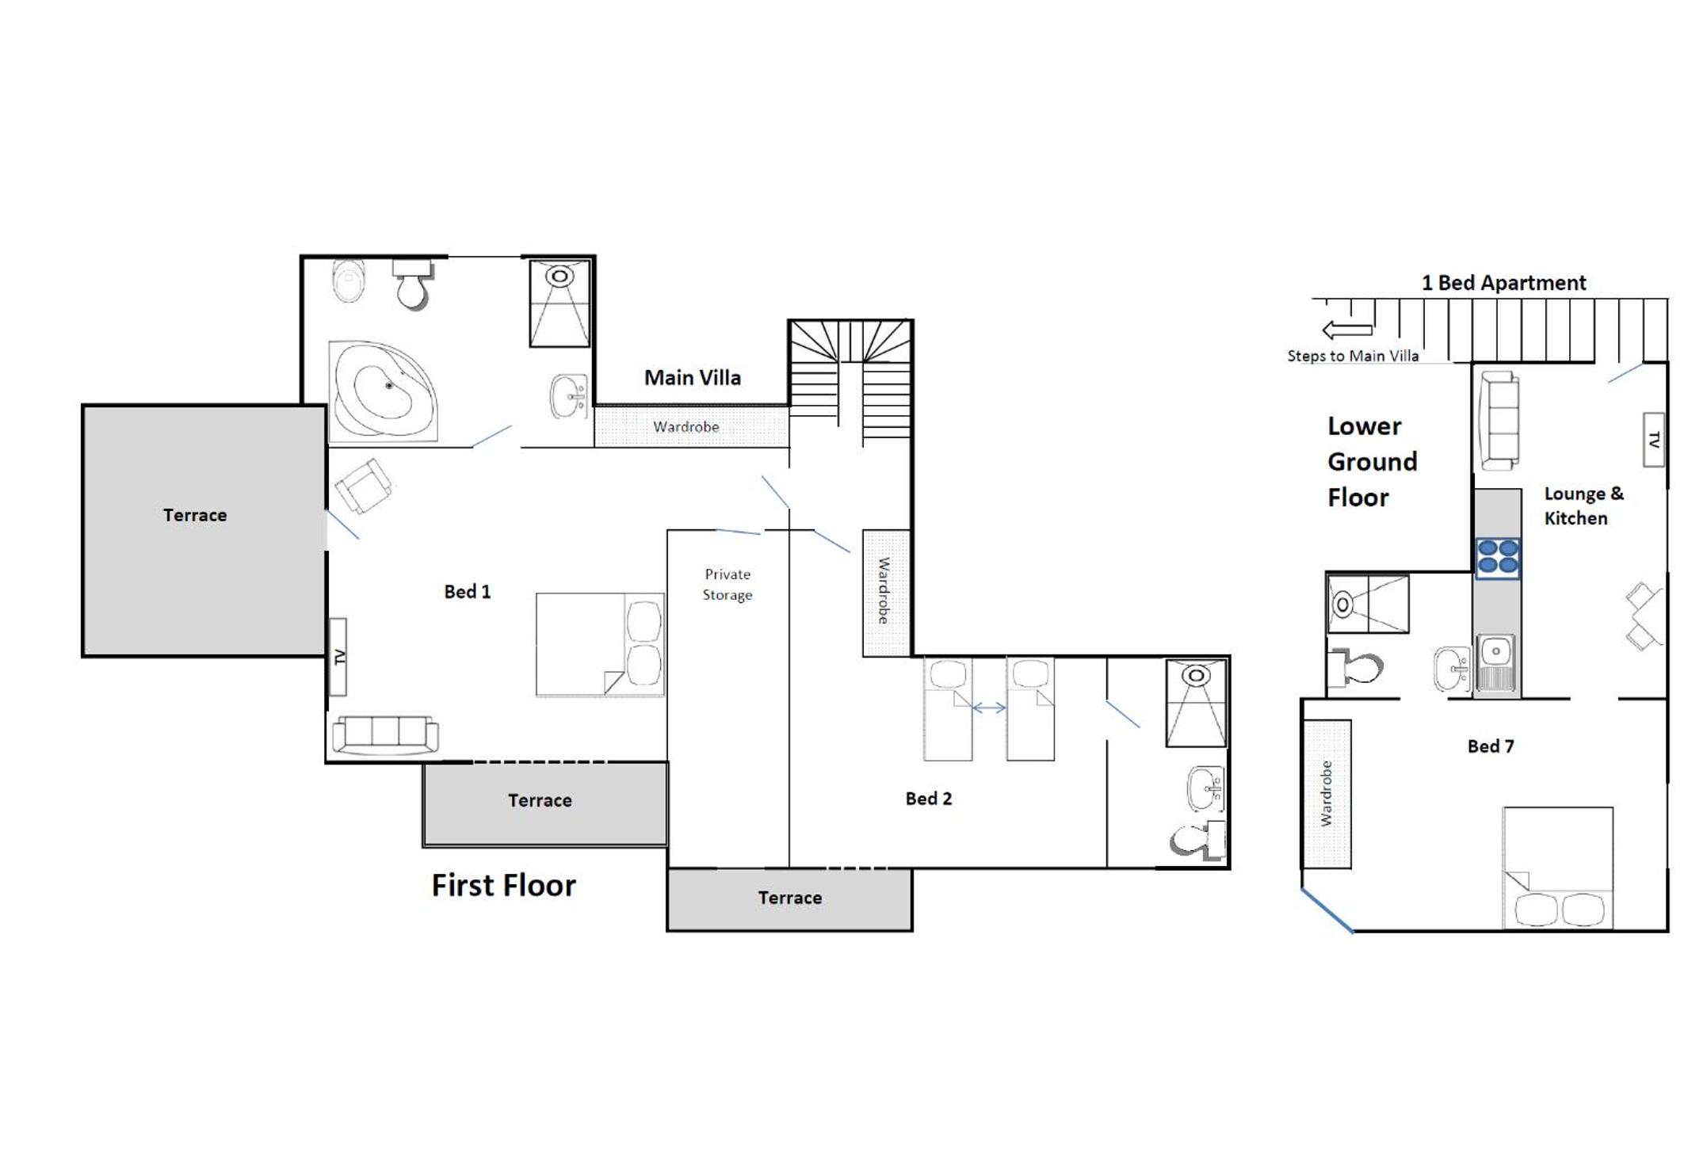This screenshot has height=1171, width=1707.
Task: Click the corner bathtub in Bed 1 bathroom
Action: [384, 391]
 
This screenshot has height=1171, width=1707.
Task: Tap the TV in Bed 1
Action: [338, 657]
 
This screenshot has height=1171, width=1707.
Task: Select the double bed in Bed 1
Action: [600, 645]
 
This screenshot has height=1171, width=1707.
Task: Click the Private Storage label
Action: [727, 584]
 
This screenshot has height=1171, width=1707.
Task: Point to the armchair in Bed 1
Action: [363, 485]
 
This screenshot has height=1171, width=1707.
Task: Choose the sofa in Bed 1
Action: [385, 734]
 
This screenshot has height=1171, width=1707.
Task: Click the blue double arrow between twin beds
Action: [989, 708]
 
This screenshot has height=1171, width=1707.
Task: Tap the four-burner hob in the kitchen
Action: [1498, 556]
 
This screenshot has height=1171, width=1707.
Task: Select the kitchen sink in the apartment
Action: [1495, 662]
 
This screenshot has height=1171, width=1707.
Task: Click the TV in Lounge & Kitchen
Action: [1654, 440]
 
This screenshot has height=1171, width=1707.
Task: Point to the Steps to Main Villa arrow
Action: [1347, 329]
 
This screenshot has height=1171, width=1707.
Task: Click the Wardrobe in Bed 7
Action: [1327, 794]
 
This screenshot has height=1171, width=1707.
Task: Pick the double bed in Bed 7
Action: [1558, 868]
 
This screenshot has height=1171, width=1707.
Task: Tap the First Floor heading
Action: [504, 886]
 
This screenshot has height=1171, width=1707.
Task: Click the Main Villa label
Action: [693, 378]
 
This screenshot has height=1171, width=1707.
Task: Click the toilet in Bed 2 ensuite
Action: [1198, 840]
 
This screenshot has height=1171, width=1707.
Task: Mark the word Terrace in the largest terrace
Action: [195, 515]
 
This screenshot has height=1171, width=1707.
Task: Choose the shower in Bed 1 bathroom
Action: [560, 303]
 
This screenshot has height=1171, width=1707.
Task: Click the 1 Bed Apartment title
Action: [1503, 283]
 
